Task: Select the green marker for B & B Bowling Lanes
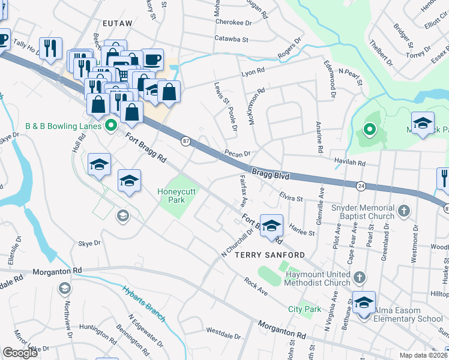click(110, 126)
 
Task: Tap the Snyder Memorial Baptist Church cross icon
click(404, 211)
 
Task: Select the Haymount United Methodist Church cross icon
click(359, 277)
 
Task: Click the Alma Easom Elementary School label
click(408, 319)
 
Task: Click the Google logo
click(20, 353)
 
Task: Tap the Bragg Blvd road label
click(270, 174)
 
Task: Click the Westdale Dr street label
click(223, 331)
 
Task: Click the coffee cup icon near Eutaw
click(152, 60)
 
